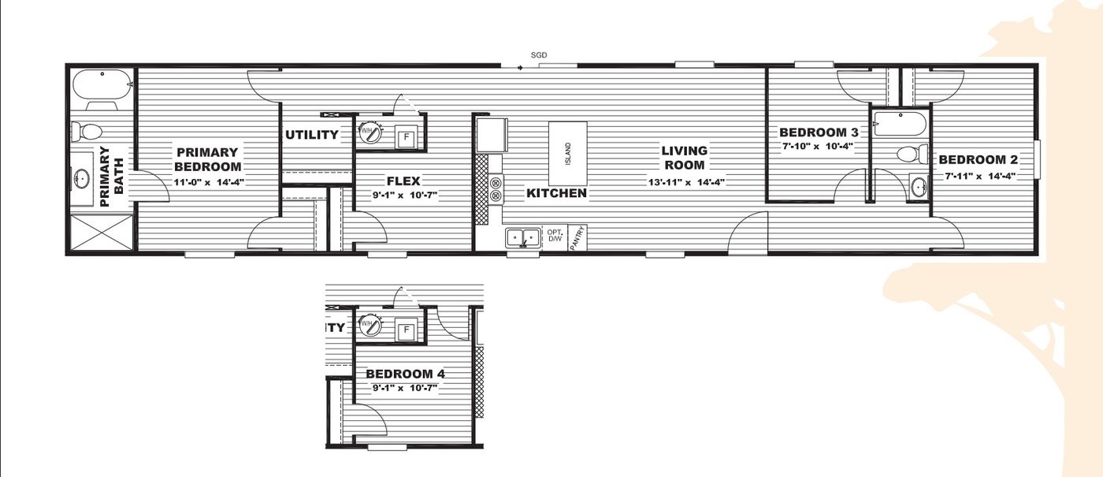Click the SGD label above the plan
(539, 55)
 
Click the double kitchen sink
(522, 237)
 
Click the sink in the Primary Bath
(82, 179)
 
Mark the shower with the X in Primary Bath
(101, 234)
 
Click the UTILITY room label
(312, 135)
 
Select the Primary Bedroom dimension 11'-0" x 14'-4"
(208, 182)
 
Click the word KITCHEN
(556, 193)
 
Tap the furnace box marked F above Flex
(407, 137)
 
